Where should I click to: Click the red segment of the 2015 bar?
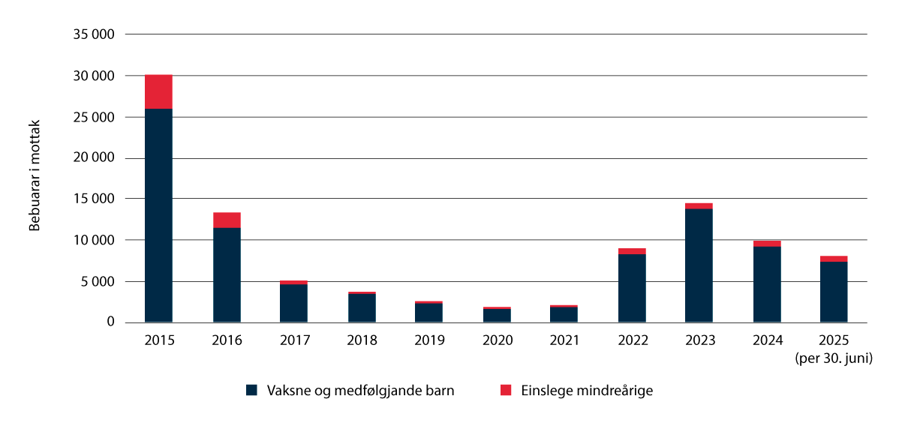(158, 91)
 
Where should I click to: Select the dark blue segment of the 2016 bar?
(227, 274)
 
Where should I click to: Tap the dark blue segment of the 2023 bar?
(699, 265)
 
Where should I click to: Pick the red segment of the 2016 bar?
(227, 220)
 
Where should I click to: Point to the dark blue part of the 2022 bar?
(632, 288)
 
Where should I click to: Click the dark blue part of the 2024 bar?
(766, 284)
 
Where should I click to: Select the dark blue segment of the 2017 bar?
(293, 303)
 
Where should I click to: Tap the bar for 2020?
(497, 315)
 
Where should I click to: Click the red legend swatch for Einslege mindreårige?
(505, 390)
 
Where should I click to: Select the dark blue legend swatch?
(251, 390)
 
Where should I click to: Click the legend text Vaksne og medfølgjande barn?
(361, 390)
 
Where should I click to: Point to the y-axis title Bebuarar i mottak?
(35, 176)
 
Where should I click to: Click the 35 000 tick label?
(93, 34)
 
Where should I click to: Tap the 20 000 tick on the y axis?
(93, 158)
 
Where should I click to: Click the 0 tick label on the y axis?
(110, 322)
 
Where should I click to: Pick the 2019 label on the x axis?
(429, 340)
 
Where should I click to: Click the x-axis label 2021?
(564, 340)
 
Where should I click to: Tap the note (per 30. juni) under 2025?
(834, 358)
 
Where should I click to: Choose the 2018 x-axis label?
(362, 340)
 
